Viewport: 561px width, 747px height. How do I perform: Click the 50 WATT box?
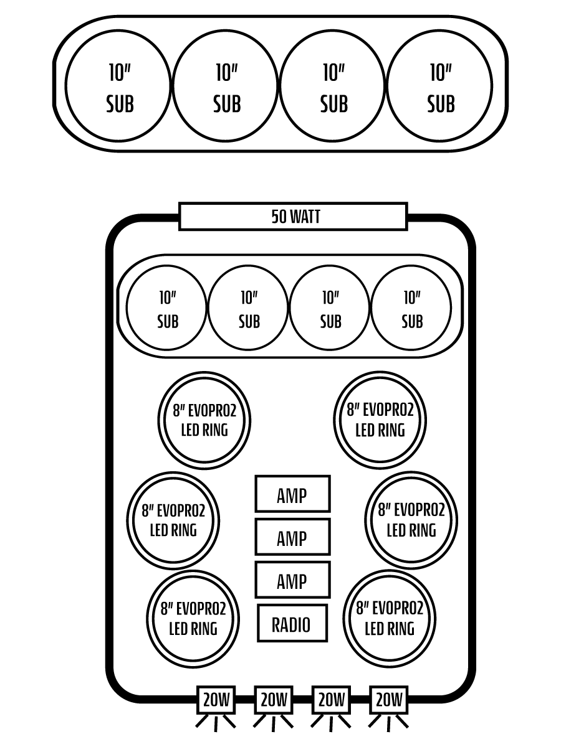pyautogui.click(x=293, y=217)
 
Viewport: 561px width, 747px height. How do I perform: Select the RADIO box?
pyautogui.click(x=292, y=623)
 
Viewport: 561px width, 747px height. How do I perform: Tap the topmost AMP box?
pyautogui.click(x=292, y=494)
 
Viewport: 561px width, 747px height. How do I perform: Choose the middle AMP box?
pyautogui.click(x=292, y=537)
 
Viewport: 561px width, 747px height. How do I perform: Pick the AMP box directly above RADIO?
pyautogui.click(x=292, y=580)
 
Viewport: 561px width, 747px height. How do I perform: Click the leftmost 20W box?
pyautogui.click(x=216, y=700)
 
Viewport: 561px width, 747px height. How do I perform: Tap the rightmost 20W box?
pyautogui.click(x=388, y=700)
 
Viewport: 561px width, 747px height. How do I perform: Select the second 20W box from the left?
pyautogui.click(x=274, y=700)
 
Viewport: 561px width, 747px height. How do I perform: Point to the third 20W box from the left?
pyautogui.click(x=331, y=700)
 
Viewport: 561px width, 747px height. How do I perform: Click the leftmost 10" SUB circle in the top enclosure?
pyautogui.click(x=118, y=86)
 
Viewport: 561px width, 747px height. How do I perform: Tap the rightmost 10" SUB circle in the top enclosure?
pyautogui.click(x=439, y=86)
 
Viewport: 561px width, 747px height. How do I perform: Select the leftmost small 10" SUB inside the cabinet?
pyautogui.click(x=166, y=308)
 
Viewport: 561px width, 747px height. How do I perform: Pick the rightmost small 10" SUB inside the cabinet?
pyautogui.click(x=411, y=308)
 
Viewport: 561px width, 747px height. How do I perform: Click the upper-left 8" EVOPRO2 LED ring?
pyautogui.click(x=204, y=420)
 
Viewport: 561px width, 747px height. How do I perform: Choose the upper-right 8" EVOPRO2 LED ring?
pyautogui.click(x=380, y=420)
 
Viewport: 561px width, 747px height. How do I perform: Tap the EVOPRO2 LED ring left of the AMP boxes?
pyautogui.click(x=173, y=520)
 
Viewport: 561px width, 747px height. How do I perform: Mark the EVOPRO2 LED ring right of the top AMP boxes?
pyautogui.click(x=411, y=520)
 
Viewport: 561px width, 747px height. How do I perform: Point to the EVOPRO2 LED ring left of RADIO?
pyautogui.click(x=193, y=619)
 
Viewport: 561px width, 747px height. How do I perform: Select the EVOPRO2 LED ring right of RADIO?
pyautogui.click(x=390, y=619)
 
